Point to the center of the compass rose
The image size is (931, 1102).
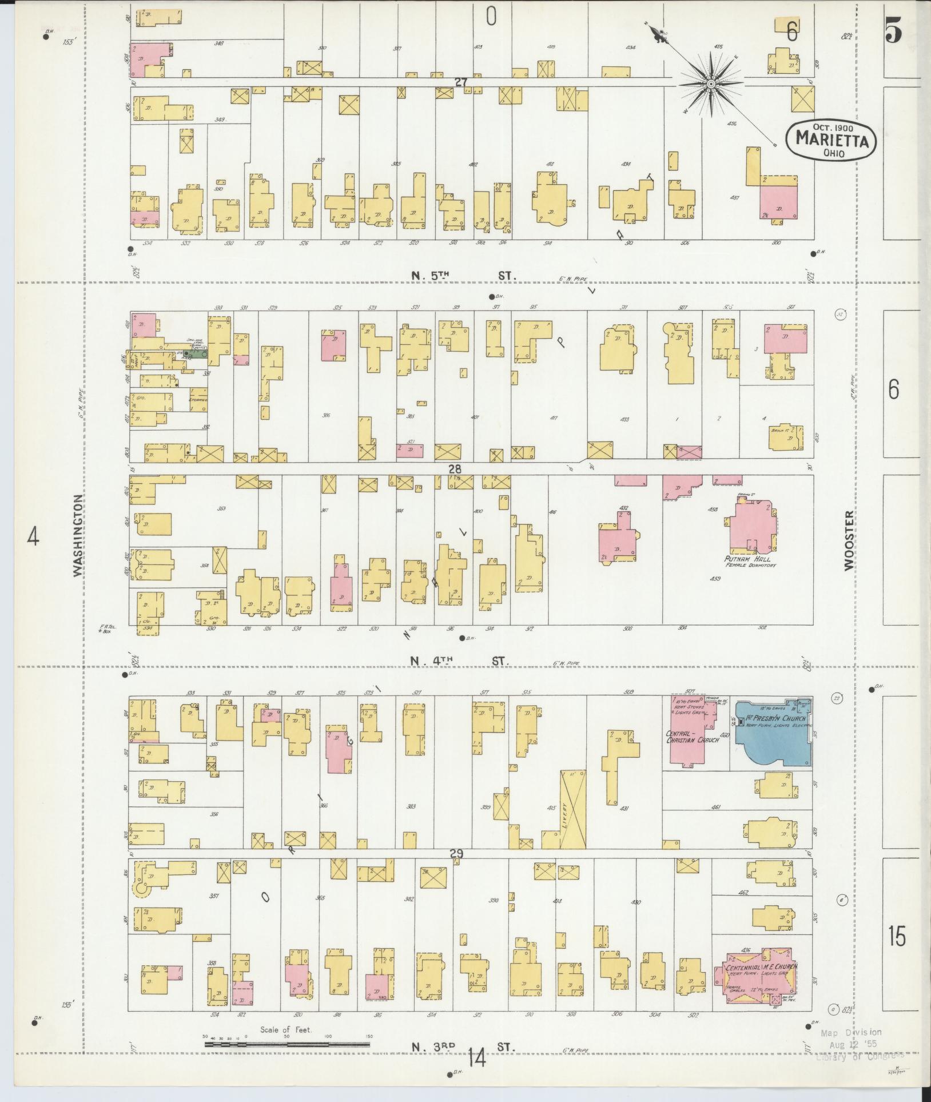coord(710,84)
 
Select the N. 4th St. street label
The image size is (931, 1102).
coord(459,661)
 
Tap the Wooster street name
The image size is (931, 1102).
coord(848,540)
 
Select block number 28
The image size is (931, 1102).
coord(455,468)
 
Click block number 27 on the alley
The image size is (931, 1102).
coord(461,82)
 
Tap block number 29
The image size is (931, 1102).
coord(456,854)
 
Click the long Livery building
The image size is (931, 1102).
coord(574,809)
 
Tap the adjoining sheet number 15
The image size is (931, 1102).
coord(898,938)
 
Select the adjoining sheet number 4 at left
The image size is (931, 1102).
coord(34,537)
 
